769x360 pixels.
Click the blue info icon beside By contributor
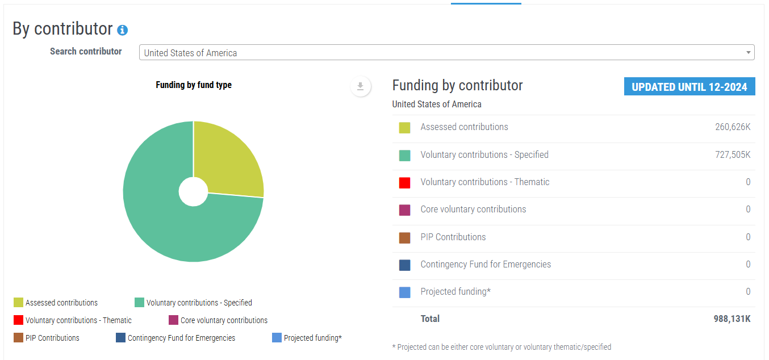coord(122,30)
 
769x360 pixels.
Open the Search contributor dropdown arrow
coord(748,52)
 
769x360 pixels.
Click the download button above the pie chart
coord(361,86)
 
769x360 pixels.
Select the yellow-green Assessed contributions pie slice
coord(227,158)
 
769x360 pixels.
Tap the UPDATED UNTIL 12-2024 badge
coord(689,86)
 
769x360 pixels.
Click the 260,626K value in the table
coord(733,127)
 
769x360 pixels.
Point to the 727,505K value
coord(733,155)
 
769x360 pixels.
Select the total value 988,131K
coord(732,319)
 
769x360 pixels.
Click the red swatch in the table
coord(405,183)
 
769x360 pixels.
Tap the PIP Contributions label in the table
coord(453,237)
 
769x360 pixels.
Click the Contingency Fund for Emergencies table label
coord(486,264)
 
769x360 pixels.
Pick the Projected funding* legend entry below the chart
coord(307,338)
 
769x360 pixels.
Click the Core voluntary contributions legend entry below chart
coord(218,320)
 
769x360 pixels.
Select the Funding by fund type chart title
coord(194,85)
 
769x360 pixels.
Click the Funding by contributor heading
coord(457,85)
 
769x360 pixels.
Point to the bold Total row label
coord(430,319)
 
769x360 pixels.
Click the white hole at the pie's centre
coord(193,191)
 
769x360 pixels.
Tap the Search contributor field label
coord(86,52)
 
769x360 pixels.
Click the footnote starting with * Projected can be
coord(501,347)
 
